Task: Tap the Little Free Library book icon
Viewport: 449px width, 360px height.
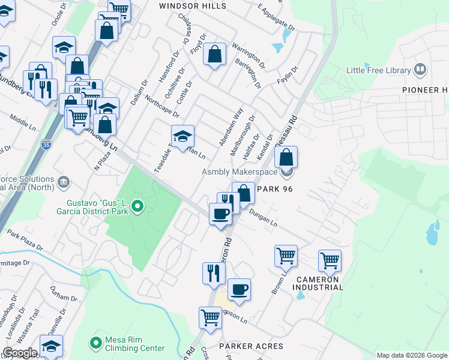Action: [x=420, y=70]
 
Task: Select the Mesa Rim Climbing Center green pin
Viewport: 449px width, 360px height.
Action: [x=95, y=343]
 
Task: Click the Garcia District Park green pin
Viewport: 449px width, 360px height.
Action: [x=137, y=208]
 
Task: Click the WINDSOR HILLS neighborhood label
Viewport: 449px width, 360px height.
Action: [x=192, y=6]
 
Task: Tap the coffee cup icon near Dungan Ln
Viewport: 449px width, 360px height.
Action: [x=220, y=214]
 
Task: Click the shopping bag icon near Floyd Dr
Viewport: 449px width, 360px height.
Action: [x=215, y=55]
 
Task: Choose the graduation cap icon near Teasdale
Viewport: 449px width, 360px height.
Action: [x=182, y=136]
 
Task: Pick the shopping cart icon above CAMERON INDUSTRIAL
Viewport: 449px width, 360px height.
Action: [x=330, y=261]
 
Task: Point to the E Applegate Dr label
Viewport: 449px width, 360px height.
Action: [x=276, y=18]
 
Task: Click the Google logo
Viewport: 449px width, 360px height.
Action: [x=20, y=353]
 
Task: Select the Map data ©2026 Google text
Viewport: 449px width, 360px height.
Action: [x=411, y=355]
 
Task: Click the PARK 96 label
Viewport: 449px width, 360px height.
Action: [x=274, y=188]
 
